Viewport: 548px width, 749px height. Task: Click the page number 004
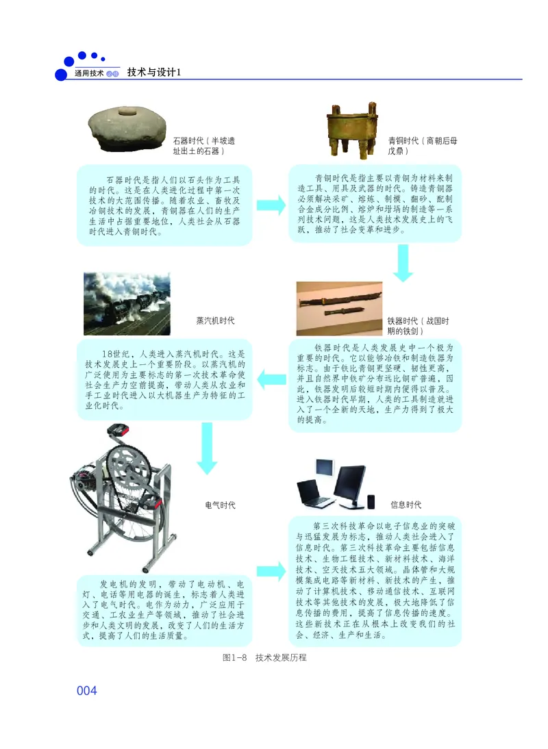point(87,691)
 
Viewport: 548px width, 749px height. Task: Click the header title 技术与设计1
point(153,73)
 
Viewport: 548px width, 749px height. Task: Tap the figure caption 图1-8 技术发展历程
point(264,657)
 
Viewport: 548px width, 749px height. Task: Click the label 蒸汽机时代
point(215,320)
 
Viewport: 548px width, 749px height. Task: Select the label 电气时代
point(221,505)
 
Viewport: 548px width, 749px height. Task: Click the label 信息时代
point(406,505)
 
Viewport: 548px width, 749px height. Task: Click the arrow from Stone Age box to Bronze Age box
point(270,204)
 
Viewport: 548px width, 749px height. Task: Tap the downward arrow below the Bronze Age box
point(403,263)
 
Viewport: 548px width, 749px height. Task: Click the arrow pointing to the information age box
point(270,569)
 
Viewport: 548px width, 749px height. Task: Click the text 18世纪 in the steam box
point(113,354)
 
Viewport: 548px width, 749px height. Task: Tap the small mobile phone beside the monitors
point(371,501)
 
